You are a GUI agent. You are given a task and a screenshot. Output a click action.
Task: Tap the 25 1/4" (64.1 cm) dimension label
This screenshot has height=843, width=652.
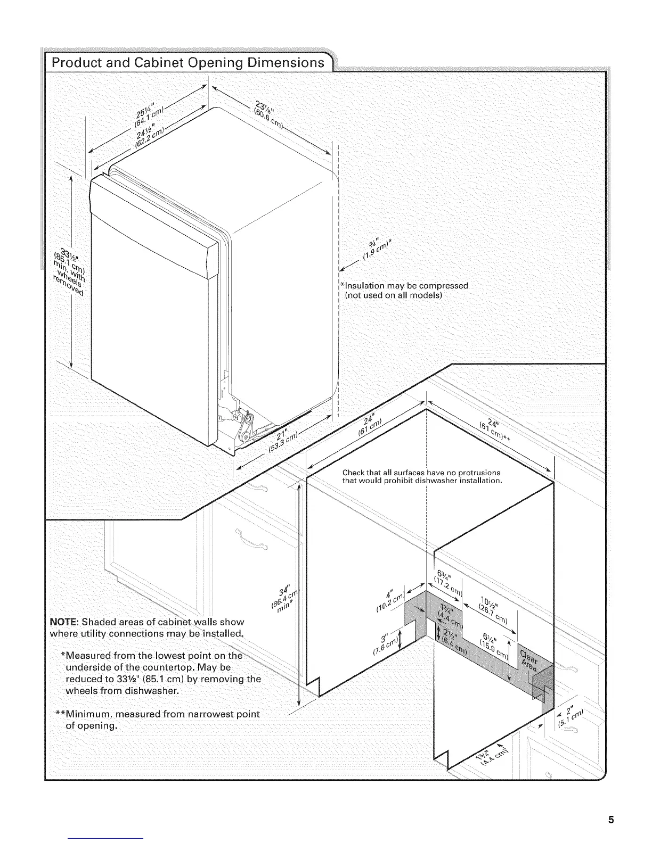tap(148, 113)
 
